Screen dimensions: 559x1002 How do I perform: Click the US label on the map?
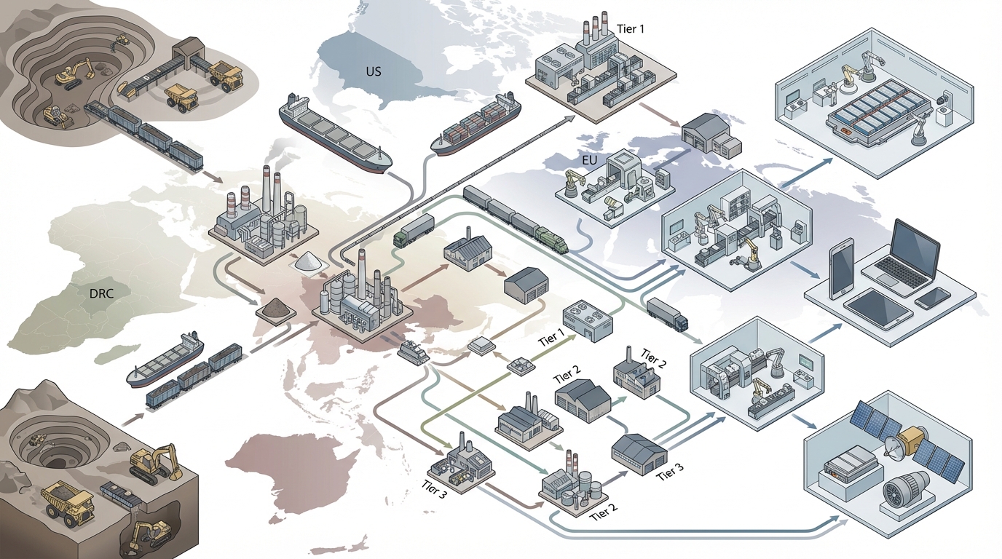[x=374, y=72]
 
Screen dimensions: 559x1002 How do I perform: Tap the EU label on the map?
[x=590, y=159]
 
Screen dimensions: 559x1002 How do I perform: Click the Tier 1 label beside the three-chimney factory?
[x=630, y=29]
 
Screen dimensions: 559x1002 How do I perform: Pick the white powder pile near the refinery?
[x=309, y=261]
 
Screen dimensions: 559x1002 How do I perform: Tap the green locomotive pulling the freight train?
[x=552, y=238]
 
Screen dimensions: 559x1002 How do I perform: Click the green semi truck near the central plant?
[x=414, y=229]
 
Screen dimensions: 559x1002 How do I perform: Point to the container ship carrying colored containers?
[x=477, y=124]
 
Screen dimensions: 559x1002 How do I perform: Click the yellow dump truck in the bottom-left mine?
[x=68, y=501]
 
